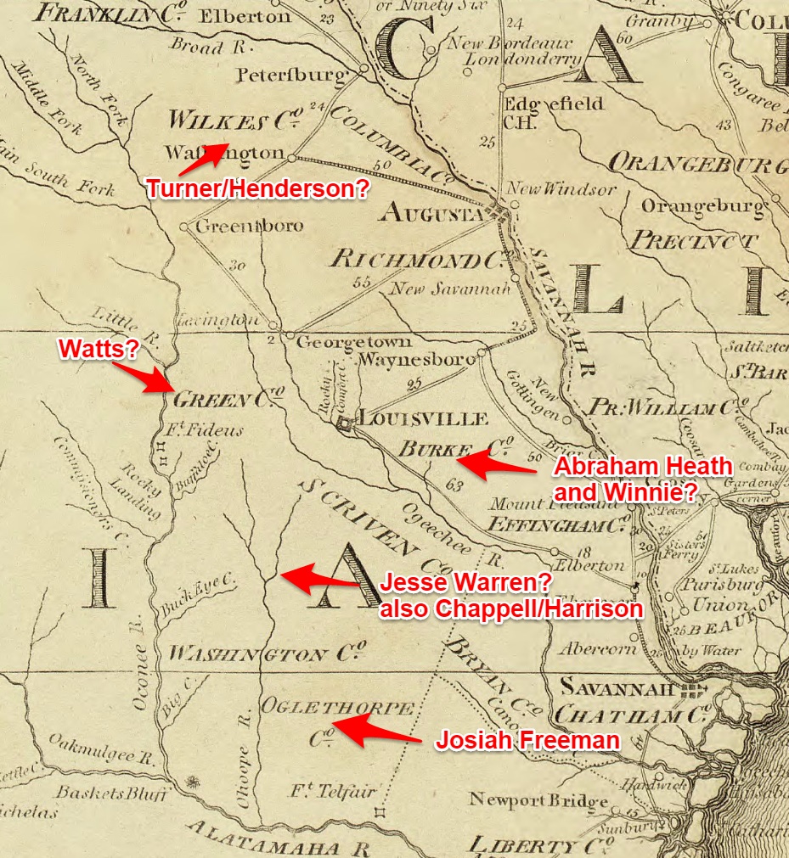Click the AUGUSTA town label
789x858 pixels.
coord(432,211)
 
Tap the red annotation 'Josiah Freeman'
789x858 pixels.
coord(527,741)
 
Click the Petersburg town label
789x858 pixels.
coord(291,75)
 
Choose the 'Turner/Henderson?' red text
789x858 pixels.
coord(257,188)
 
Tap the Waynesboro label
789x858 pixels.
coord(416,360)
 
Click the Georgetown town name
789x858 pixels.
coord(353,342)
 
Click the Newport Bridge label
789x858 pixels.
coord(538,800)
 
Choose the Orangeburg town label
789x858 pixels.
coord(702,205)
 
